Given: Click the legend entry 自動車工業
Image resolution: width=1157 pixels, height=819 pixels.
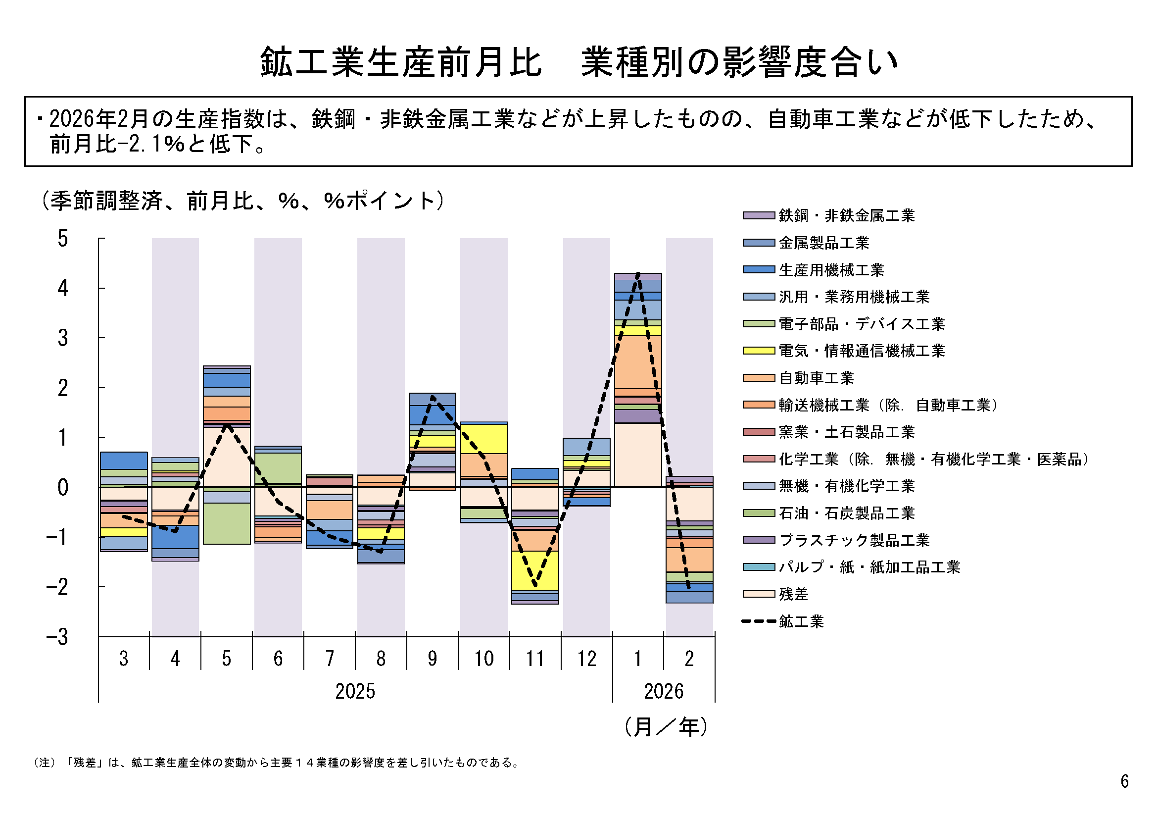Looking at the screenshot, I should pyautogui.click(x=816, y=378).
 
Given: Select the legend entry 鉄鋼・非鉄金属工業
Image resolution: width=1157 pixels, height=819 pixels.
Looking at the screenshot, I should pyautogui.click(x=846, y=215).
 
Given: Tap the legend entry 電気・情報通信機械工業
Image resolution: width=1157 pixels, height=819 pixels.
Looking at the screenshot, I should pyautogui.click(x=861, y=351).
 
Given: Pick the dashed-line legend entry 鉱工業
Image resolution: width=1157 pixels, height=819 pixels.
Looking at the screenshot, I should pyautogui.click(x=801, y=621).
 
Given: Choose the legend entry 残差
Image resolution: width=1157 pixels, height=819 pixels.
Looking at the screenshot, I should pyautogui.click(x=793, y=594).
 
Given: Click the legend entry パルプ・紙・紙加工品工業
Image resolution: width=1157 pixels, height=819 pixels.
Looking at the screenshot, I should pyautogui.click(x=869, y=567).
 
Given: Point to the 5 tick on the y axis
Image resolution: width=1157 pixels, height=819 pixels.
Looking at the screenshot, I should pyautogui.click(x=62, y=239).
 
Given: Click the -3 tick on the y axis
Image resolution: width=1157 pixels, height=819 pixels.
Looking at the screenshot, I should pyautogui.click(x=57, y=637).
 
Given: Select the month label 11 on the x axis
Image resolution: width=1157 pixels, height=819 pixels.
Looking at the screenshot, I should pyautogui.click(x=535, y=659).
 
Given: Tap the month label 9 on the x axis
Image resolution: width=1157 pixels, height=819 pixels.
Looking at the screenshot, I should pyautogui.click(x=433, y=659).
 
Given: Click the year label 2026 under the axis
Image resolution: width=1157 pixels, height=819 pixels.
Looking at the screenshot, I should pyautogui.click(x=664, y=691).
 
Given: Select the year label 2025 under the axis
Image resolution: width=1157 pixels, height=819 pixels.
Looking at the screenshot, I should pyautogui.click(x=355, y=691).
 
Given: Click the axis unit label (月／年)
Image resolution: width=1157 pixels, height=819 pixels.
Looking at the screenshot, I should pyautogui.click(x=666, y=727).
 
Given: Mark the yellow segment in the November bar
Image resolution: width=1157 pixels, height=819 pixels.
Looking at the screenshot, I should pyautogui.click(x=535, y=570).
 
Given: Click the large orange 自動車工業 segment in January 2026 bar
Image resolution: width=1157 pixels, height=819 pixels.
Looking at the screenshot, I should pyautogui.click(x=638, y=361).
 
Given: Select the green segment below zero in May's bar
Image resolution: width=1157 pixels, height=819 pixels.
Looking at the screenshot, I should pyautogui.click(x=227, y=523).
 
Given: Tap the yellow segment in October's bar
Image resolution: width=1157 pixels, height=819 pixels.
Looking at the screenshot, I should pyautogui.click(x=484, y=438).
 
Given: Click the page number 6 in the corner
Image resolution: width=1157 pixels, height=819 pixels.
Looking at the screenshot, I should pyautogui.click(x=1124, y=781).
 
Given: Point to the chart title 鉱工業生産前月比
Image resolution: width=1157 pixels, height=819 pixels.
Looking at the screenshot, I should pyautogui.click(x=401, y=62).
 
